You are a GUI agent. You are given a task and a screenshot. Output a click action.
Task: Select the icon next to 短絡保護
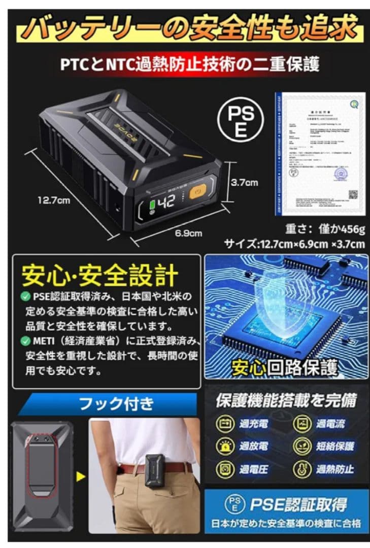pyautogui.click(x=301, y=446)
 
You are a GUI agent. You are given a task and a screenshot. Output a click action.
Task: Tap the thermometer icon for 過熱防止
pyautogui.click(x=301, y=468)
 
